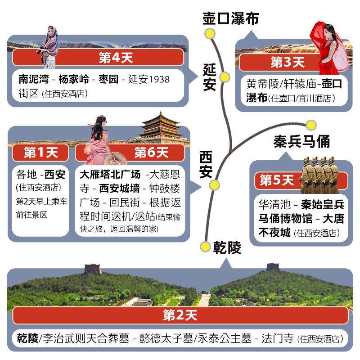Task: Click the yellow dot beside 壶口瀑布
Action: tap(210, 33)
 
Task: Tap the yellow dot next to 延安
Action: tap(225, 77)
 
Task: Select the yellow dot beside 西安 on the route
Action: tap(214, 185)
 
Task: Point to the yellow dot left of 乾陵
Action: tap(205, 247)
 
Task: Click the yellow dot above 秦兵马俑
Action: tap(311, 126)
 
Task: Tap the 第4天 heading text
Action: tap(116, 58)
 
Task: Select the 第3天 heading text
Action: tap(288, 62)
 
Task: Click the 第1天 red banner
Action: tap(40, 153)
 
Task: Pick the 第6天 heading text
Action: tap(151, 153)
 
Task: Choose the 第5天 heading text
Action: tap(277, 180)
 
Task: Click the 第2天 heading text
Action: tap(180, 315)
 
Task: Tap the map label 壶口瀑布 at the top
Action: tap(230, 18)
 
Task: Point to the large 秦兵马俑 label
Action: tap(301, 141)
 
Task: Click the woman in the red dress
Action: tap(329, 48)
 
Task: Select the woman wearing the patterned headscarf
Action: tap(49, 47)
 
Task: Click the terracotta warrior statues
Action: tap(320, 175)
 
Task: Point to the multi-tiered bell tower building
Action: tap(161, 127)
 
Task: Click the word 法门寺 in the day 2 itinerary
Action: tap(277, 338)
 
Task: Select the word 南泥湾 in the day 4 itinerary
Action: tap(34, 79)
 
